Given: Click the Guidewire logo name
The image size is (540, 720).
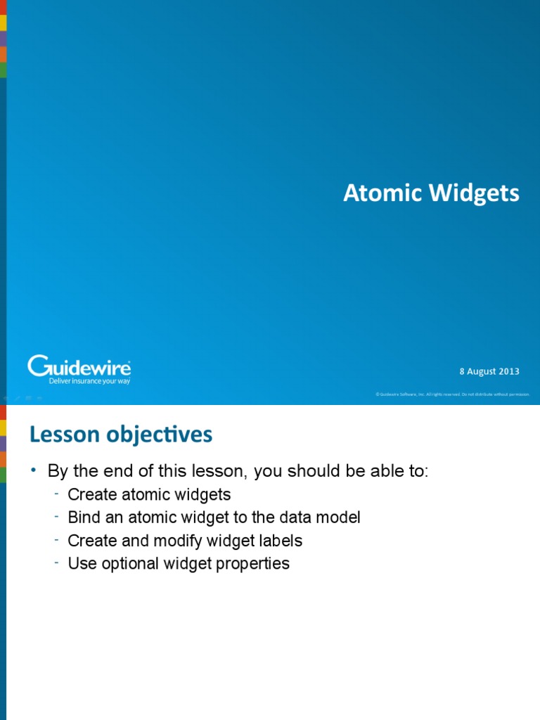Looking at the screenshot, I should pyautogui.click(x=79, y=366).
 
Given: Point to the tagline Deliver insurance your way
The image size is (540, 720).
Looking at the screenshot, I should pyautogui.click(x=89, y=381).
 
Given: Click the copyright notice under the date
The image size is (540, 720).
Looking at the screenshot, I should pyautogui.click(x=452, y=394).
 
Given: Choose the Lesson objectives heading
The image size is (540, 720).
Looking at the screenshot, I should pyautogui.click(x=120, y=435).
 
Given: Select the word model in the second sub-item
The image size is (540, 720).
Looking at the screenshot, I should pyautogui.click(x=338, y=517).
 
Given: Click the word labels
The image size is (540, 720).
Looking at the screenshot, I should pyautogui.click(x=279, y=541).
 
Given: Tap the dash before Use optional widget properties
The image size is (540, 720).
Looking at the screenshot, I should pyautogui.click(x=56, y=562).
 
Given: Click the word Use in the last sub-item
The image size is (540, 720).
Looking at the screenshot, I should pyautogui.click(x=81, y=563).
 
